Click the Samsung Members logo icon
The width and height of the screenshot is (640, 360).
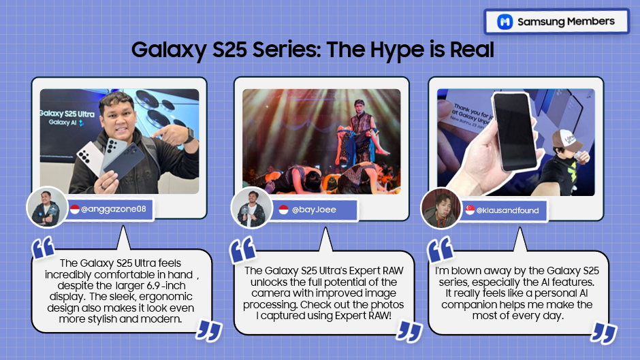505,22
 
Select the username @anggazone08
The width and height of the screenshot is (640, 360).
114,209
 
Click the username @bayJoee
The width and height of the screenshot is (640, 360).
314,210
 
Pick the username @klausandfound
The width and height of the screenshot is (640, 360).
507,210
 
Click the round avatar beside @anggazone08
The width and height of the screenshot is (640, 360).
47,206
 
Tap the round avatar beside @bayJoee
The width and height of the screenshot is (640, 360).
251,207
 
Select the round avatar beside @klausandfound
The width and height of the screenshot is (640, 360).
441,208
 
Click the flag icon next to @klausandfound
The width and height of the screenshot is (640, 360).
470,210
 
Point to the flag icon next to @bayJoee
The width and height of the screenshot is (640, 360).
284,210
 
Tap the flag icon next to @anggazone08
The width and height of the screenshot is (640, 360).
74,209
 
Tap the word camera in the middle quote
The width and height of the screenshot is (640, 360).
264,293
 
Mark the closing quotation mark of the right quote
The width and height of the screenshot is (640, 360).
603,332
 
